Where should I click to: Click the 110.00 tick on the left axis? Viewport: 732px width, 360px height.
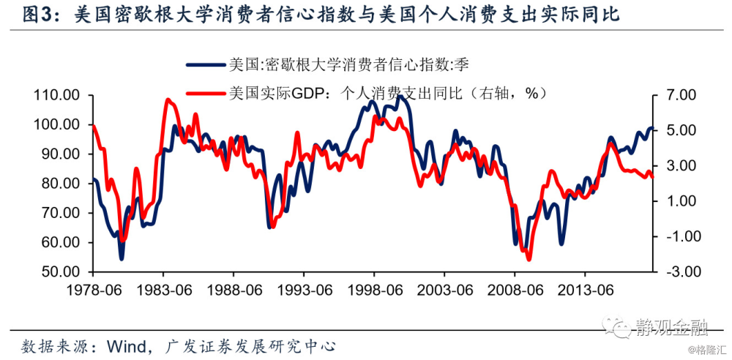click(x=57, y=95)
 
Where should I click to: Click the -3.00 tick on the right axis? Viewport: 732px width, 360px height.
click(x=678, y=271)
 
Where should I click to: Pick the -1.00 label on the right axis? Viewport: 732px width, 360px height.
click(x=678, y=236)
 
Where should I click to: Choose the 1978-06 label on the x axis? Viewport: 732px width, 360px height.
click(x=93, y=290)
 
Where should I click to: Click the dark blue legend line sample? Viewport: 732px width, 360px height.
click(x=205, y=64)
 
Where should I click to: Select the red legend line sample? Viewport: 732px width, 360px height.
click(x=205, y=93)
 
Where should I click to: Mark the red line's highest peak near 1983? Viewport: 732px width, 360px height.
click(x=168, y=100)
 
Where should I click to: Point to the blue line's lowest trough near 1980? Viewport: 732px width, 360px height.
click(x=122, y=258)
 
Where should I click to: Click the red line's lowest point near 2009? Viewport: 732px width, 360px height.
click(x=529, y=259)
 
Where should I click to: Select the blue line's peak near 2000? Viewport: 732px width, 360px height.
click(x=399, y=96)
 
